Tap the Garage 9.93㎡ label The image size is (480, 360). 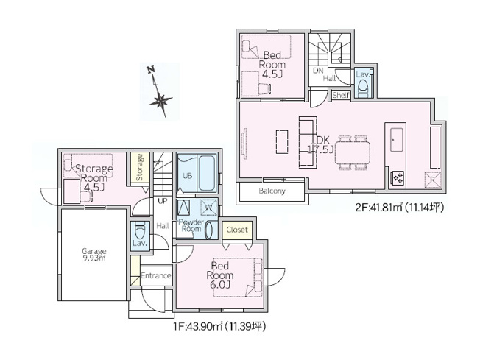[93, 255]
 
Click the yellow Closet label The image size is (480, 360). [236, 230]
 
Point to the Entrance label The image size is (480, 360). [155, 276]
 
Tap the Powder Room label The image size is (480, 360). [191, 225]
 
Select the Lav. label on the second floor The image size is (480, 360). [362, 74]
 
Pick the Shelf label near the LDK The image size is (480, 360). [340, 95]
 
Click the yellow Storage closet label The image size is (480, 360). [138, 167]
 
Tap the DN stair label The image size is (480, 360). [318, 71]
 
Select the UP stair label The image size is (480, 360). [160, 200]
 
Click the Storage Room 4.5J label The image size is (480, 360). [93, 177]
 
